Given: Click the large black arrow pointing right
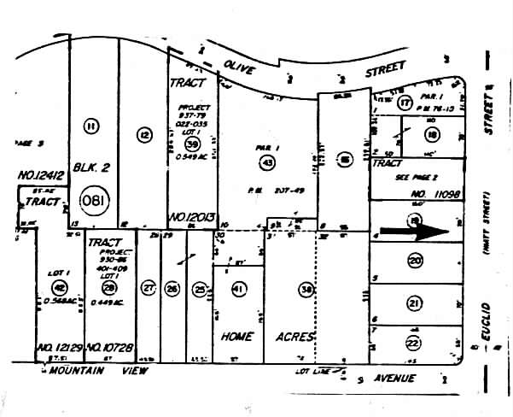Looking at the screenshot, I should pyautogui.click(x=412, y=230).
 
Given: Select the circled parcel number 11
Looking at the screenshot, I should pyautogui.click(x=91, y=126).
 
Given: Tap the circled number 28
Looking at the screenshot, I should pyautogui.click(x=109, y=288).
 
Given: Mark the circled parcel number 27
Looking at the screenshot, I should pyautogui.click(x=149, y=288).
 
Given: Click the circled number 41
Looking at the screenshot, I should pyautogui.click(x=239, y=289).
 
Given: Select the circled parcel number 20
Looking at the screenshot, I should pyautogui.click(x=415, y=260).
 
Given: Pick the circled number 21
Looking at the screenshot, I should pyautogui.click(x=415, y=302).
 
